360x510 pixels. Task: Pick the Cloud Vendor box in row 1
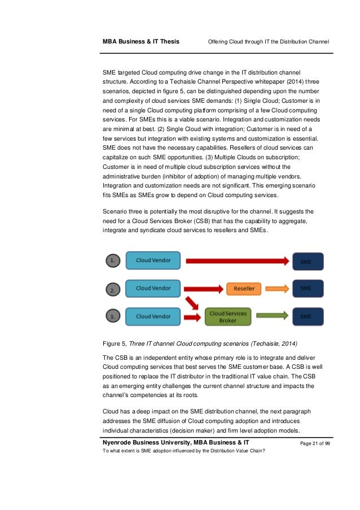pos(153,260)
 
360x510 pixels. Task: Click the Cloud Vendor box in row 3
pos(153,316)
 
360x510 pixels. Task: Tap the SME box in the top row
pos(308,261)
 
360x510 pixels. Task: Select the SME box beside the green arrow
pos(308,316)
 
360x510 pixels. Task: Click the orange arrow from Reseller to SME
pos(277,289)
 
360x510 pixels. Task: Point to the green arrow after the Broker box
pos(273,316)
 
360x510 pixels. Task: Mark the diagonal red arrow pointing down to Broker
pos(194,303)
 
